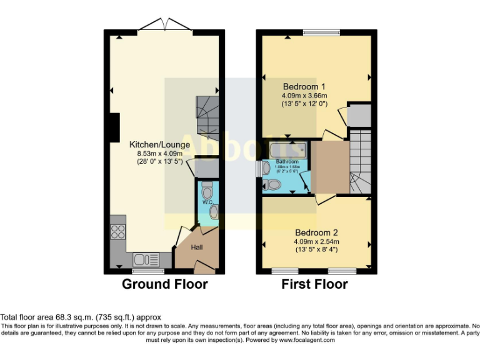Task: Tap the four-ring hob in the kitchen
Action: tap(117, 232)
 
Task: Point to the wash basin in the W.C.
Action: tap(214, 212)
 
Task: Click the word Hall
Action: tap(197, 247)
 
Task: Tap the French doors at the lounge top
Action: tap(164, 25)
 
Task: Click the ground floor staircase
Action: tap(206, 119)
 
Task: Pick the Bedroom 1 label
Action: tap(304, 86)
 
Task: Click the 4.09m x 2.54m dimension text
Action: tap(316, 242)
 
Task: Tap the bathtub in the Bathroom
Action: tap(287, 149)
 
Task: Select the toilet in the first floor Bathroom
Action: tap(272, 184)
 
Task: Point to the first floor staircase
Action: tap(360, 161)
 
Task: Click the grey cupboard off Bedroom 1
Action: tap(359, 115)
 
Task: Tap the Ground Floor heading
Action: tap(164, 284)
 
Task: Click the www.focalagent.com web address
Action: tap(307, 340)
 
